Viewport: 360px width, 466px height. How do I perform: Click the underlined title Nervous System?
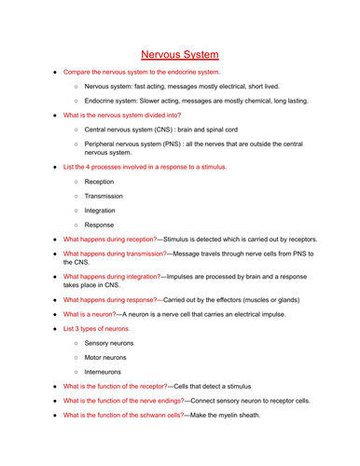point(180,55)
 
